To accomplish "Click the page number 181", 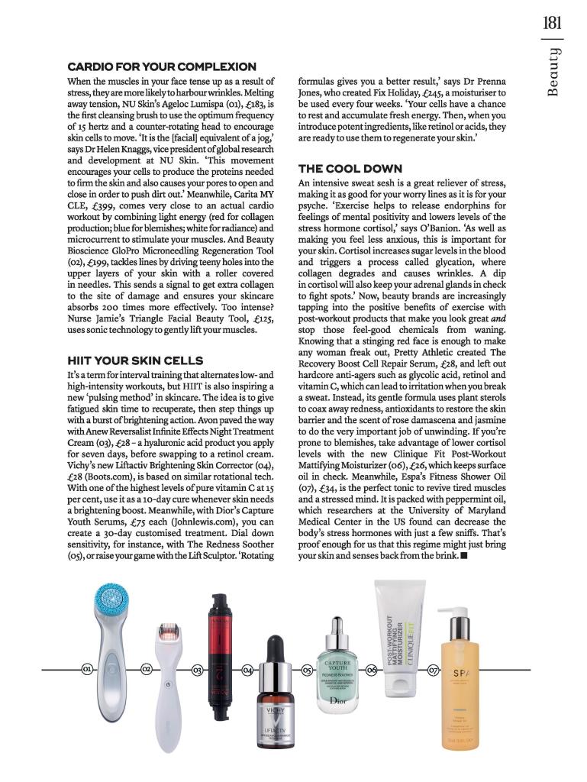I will pos(553,22).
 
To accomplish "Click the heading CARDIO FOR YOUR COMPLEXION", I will pos(162,67).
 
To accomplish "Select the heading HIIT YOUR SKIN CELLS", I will pos(135,360).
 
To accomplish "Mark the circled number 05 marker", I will pos(306,670).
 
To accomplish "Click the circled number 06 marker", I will pos(371,670).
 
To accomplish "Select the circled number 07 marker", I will pos(433,670).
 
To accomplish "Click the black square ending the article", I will pos(464,555).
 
